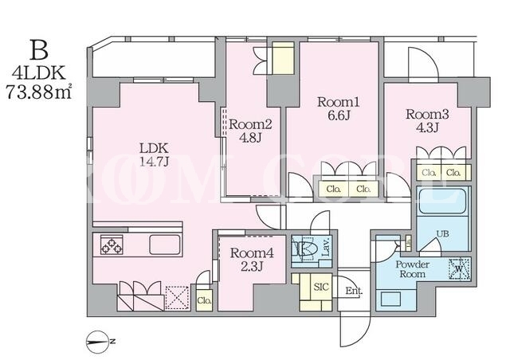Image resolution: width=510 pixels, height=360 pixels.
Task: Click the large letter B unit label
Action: click(x=39, y=50)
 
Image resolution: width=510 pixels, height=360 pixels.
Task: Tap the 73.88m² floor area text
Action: click(x=39, y=92)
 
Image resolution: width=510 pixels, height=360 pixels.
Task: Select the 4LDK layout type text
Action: click(x=39, y=73)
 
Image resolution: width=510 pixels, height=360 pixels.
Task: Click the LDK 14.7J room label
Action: click(x=154, y=155)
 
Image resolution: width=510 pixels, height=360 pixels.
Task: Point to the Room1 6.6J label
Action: click(x=338, y=108)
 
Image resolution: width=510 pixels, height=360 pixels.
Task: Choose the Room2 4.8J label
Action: click(x=250, y=131)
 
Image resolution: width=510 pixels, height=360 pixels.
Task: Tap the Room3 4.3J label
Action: click(x=427, y=120)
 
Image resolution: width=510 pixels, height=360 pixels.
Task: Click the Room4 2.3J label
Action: click(x=252, y=259)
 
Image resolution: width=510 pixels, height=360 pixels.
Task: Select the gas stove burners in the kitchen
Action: click(x=112, y=245)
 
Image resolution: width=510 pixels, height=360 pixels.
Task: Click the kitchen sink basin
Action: click(x=165, y=245)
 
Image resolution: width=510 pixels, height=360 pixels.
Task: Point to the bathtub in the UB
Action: click(x=443, y=202)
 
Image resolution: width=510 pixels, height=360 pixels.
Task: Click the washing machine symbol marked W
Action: click(x=459, y=268)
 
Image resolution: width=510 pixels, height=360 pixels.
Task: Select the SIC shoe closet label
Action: click(x=320, y=287)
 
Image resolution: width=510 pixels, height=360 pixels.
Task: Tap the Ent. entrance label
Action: click(x=354, y=291)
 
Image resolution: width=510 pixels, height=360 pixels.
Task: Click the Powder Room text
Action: click(x=413, y=269)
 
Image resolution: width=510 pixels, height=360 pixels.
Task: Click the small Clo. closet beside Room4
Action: click(x=204, y=300)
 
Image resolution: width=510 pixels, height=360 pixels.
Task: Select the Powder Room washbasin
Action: click(x=390, y=299)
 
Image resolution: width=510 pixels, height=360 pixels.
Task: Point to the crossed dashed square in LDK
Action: click(x=177, y=298)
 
